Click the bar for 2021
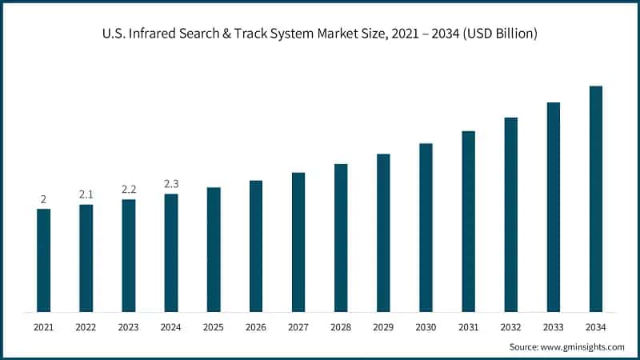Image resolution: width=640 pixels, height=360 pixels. coord(43,260)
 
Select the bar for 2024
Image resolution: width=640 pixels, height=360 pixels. coord(171,253)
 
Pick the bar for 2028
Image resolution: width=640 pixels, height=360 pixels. coord(341,238)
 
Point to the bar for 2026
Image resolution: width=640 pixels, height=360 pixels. coord(256,246)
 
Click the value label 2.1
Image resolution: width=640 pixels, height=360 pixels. coord(86,194)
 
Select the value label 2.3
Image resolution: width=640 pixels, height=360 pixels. coord(171,184)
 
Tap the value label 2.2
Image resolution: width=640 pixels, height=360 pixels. coord(129,190)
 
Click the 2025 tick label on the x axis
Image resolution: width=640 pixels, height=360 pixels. coord(214,327)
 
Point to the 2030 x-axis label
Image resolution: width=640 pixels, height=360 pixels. coord(426,327)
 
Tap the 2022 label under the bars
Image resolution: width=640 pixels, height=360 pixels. coord(86,327)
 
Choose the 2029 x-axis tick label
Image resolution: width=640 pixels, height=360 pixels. coord(383,327)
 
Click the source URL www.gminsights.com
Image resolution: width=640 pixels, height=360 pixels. coord(582,346)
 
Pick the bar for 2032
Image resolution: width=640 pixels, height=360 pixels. coord(511,214)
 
